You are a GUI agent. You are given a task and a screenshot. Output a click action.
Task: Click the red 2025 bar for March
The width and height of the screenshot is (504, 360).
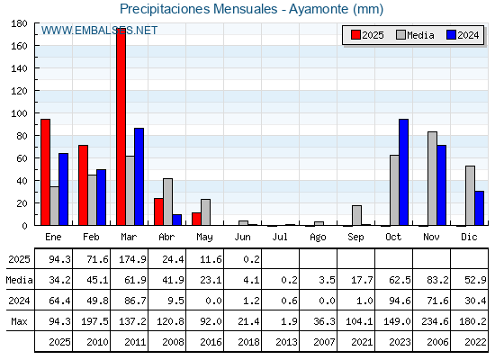click(x=121, y=127)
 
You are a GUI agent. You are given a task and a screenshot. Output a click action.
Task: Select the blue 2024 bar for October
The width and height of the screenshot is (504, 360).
click(x=404, y=172)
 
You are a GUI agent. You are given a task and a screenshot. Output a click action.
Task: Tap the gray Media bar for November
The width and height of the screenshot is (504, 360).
click(x=432, y=179)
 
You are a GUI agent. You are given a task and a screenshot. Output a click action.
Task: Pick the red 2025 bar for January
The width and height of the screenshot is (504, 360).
click(x=45, y=172)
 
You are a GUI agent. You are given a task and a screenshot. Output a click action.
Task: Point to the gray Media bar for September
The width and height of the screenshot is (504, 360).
click(x=356, y=215)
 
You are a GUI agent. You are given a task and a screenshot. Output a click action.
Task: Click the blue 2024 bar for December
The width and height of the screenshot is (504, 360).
click(x=479, y=208)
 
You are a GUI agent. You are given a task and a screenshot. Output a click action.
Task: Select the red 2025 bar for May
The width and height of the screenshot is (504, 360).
click(x=196, y=219)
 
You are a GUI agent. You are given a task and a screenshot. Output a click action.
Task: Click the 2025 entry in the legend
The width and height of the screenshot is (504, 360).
click(x=367, y=35)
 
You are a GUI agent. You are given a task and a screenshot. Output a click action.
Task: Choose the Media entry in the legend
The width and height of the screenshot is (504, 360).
click(x=415, y=35)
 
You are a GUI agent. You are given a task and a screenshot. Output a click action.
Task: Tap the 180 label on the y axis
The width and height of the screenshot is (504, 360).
click(x=19, y=23)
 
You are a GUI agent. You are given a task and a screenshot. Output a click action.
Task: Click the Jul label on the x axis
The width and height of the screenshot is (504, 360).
click(x=280, y=238)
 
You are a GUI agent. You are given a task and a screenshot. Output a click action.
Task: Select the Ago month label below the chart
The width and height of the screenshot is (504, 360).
click(x=318, y=238)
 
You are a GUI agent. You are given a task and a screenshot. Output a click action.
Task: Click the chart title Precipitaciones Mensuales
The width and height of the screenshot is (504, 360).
click(x=198, y=9)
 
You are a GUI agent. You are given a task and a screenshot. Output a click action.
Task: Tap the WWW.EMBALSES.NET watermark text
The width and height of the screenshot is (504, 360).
click(x=99, y=31)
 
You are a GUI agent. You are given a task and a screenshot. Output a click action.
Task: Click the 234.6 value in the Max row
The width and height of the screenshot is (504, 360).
click(x=435, y=321)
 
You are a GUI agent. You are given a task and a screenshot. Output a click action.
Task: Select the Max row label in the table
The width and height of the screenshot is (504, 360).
click(x=19, y=321)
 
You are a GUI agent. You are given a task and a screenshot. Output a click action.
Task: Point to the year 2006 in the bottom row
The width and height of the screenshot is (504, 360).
click(x=437, y=342)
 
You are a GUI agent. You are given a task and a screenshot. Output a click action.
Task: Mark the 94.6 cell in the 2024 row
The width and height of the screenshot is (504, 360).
click(x=400, y=301)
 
